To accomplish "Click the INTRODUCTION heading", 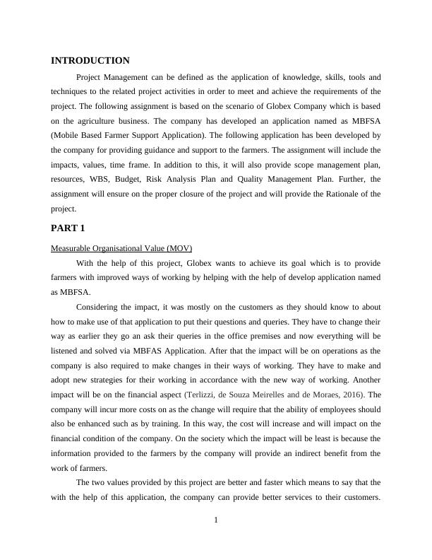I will click(x=90, y=61).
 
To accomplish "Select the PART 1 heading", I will click(x=68, y=228).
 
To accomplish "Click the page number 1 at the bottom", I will click(x=216, y=521).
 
